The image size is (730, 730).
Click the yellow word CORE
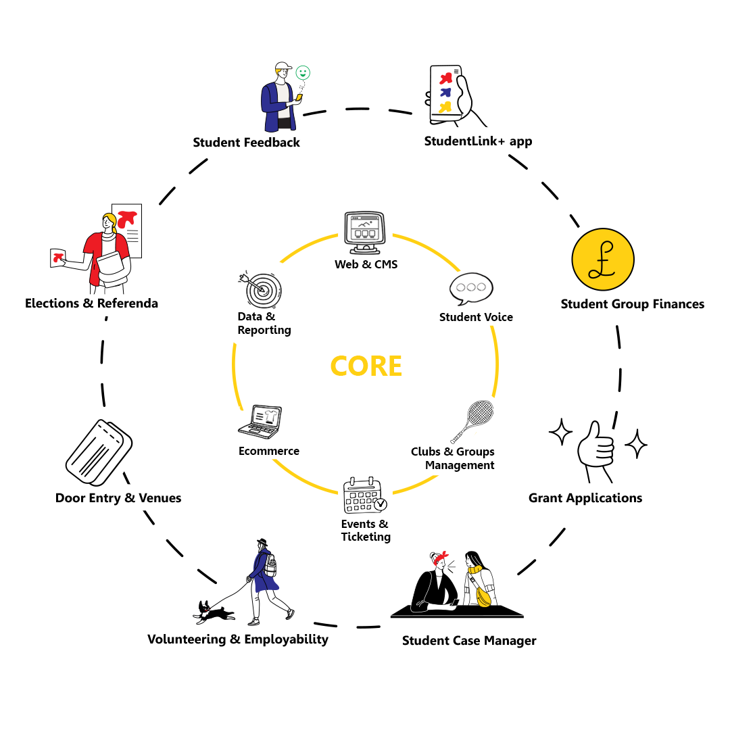(366, 366)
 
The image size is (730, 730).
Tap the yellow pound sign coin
(602, 260)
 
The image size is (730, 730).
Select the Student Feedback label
(246, 143)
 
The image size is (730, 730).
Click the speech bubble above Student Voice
(471, 289)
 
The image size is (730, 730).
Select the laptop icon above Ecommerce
(261, 421)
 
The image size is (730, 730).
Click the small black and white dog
(214, 611)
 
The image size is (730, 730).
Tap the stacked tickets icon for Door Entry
(99, 452)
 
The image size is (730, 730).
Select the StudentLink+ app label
(478, 142)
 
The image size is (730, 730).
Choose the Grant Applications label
(585, 498)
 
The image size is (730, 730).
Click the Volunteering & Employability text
(237, 639)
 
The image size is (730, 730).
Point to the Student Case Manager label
(468, 641)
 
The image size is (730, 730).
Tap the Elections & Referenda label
(91, 303)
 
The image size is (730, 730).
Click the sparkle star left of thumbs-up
(560, 432)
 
